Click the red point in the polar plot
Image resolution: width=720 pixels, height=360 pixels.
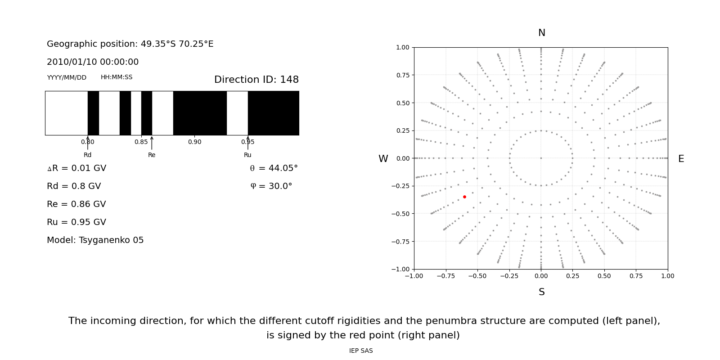(464, 197)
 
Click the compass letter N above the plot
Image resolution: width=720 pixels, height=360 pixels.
(541, 33)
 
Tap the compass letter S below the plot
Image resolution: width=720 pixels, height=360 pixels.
(541, 292)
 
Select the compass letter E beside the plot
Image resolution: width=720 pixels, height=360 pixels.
(681, 159)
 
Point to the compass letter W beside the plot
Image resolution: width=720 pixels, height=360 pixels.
(383, 159)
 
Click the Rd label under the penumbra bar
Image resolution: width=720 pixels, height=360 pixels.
(87, 155)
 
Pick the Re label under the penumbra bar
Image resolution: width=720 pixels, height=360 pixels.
(152, 155)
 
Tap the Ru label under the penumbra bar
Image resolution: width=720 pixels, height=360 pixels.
(247, 155)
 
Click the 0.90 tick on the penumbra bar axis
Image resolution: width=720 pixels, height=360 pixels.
(194, 142)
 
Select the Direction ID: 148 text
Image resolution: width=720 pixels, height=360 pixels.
(256, 80)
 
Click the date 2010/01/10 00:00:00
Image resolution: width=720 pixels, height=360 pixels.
(93, 62)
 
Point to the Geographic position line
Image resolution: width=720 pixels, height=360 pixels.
(130, 44)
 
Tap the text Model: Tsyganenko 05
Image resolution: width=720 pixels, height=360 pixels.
(95, 240)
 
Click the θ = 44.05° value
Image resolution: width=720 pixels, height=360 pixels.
(274, 168)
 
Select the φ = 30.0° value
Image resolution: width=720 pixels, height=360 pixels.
(271, 186)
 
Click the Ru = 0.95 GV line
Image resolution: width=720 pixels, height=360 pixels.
(76, 222)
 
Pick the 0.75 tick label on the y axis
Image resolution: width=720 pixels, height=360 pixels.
(402, 75)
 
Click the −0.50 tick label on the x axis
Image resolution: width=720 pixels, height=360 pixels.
(477, 276)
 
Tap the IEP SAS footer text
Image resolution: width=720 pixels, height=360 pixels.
(361, 351)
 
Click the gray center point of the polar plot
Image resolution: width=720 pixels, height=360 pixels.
(541, 158)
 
